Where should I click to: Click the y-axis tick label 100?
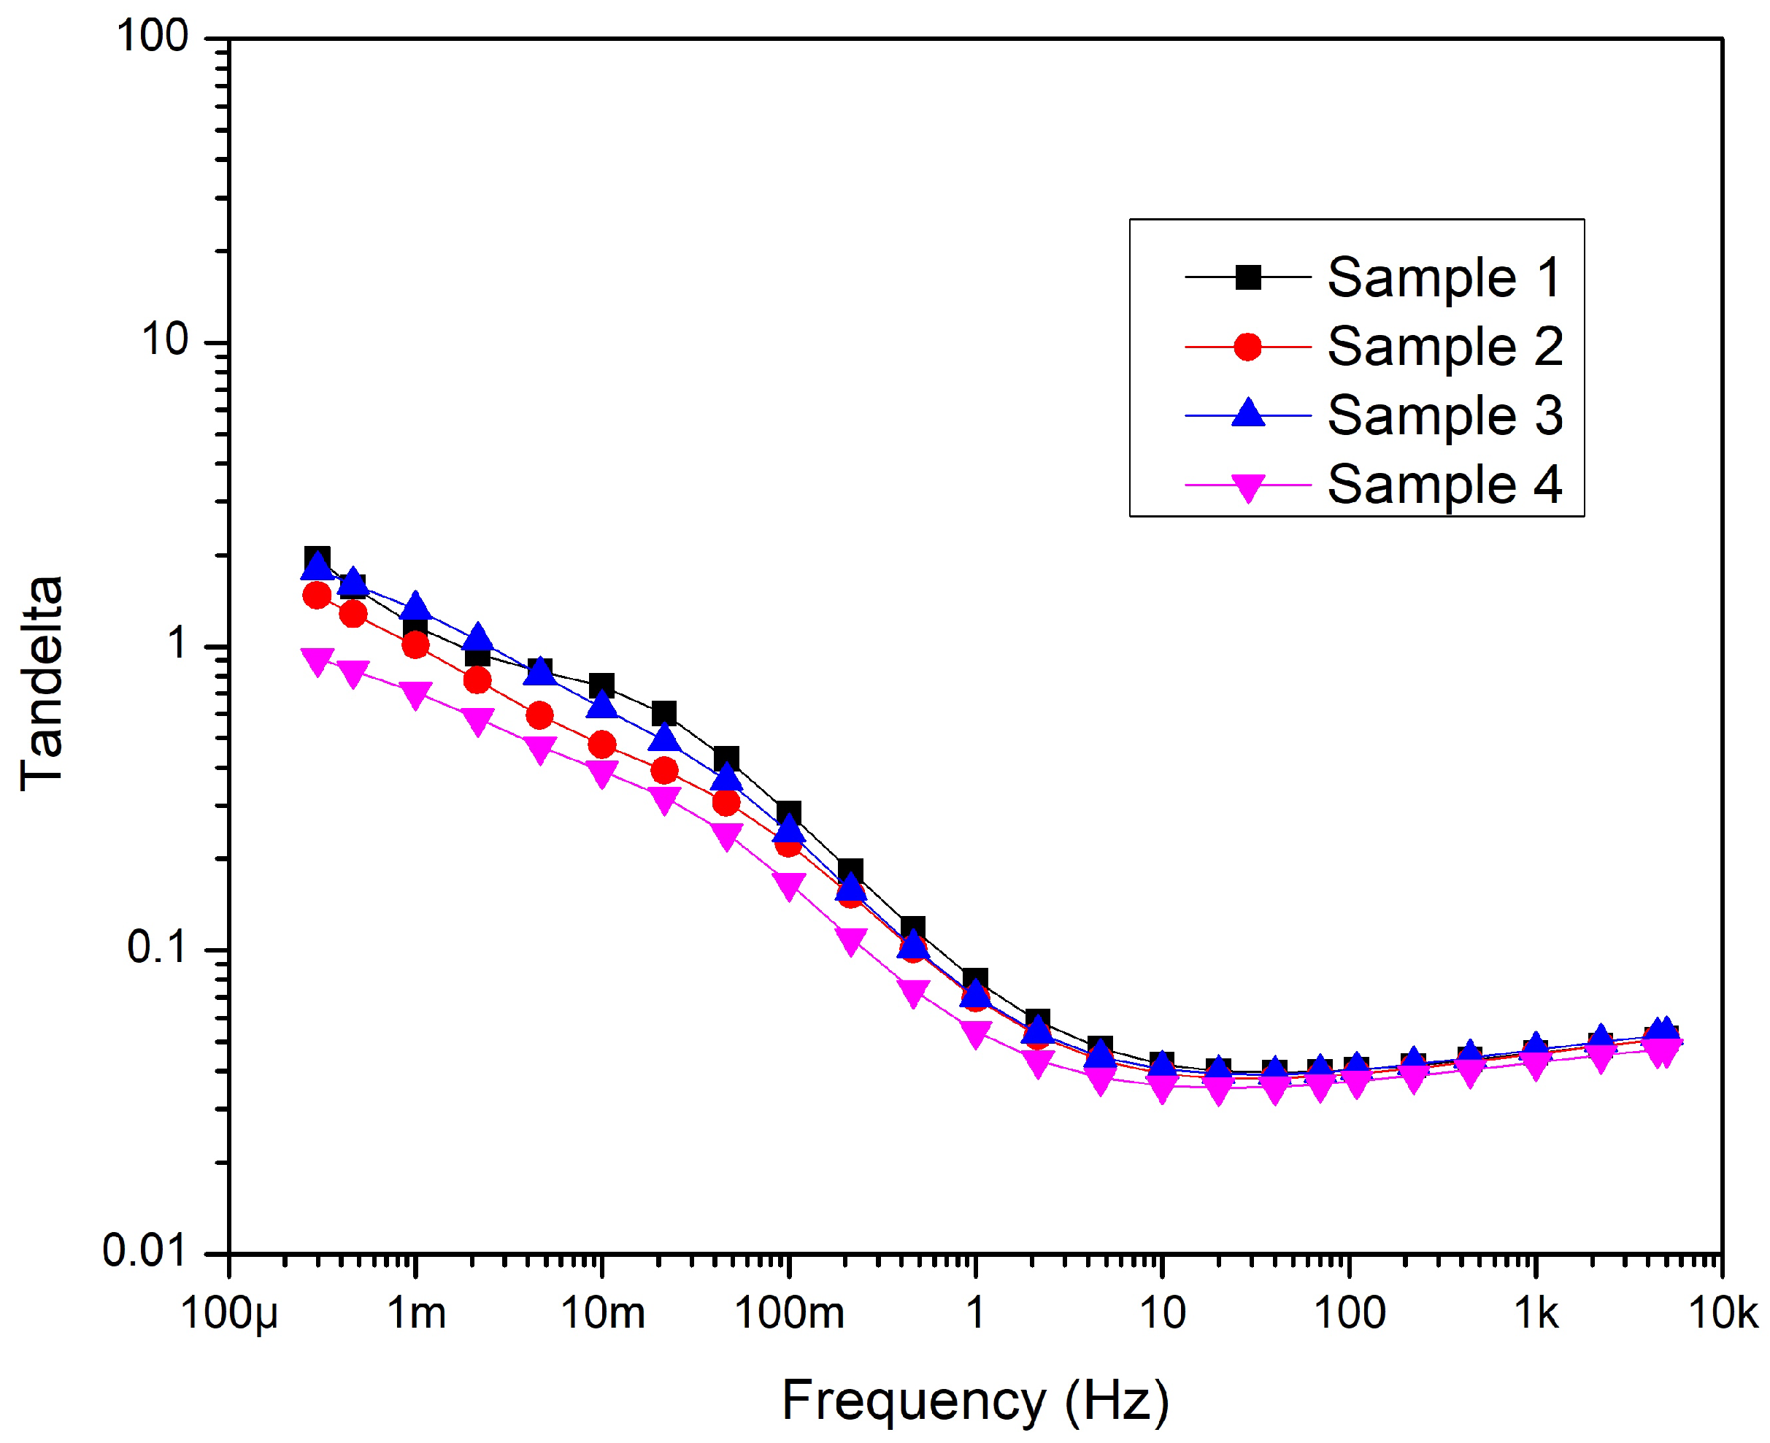[152, 37]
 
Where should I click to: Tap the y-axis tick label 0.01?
[145, 1251]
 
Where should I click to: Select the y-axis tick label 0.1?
[156, 947]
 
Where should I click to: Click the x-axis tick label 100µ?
[229, 1314]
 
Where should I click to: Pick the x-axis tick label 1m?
[416, 1314]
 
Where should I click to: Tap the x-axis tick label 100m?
[788, 1314]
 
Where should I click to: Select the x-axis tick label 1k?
[1536, 1314]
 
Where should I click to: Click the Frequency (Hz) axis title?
[974, 1401]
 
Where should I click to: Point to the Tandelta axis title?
[42, 683]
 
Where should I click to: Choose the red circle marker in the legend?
[1247, 347]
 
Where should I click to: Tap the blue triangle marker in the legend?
[1247, 414]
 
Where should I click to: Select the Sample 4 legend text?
[1444, 485]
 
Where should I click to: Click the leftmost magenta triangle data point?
[318, 661]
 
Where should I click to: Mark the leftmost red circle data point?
[317, 595]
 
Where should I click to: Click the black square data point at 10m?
[601, 687]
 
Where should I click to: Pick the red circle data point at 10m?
[601, 744]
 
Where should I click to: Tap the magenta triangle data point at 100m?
[788, 885]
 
